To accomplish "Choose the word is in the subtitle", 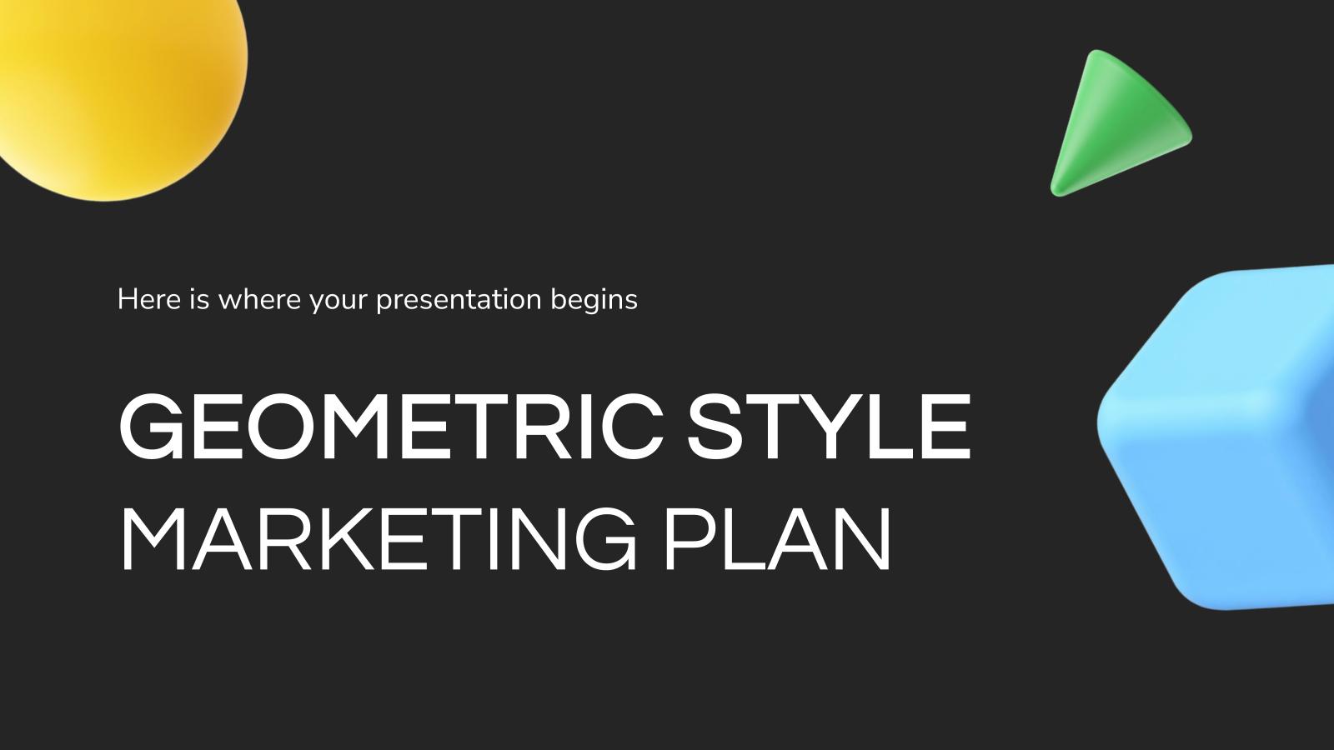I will click(x=198, y=299).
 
